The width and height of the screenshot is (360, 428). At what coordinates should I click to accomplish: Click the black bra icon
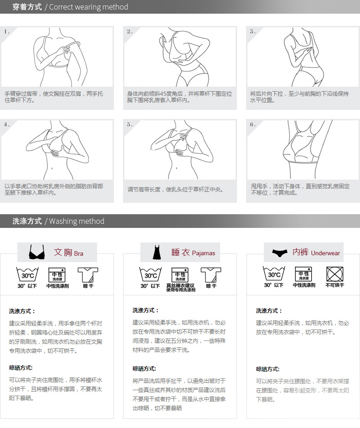pos(37,252)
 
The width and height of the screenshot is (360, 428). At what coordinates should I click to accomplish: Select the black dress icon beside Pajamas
pos(157,252)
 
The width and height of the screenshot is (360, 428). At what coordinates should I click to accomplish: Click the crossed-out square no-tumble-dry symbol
pos(334,274)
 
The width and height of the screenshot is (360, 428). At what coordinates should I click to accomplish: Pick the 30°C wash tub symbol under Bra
pos(27,274)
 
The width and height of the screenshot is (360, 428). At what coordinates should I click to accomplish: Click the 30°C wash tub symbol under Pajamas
pos(150,274)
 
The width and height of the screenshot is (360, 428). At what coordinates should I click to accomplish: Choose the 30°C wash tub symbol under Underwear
pos(274,273)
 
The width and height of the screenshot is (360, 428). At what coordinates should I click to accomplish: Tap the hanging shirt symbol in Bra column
pos(88,274)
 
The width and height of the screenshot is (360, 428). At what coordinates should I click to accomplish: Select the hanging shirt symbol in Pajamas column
pos(211,274)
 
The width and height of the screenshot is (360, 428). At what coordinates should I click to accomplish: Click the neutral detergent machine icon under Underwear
pos(303,274)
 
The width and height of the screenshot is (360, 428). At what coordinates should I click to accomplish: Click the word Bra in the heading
pos(78,253)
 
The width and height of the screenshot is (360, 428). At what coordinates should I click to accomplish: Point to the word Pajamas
pos(204,253)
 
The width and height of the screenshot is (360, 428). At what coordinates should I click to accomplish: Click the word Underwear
pos(326,253)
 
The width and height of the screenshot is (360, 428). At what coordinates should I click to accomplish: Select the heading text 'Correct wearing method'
pos(88,7)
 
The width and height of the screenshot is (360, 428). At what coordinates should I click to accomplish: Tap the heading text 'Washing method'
pos(77,221)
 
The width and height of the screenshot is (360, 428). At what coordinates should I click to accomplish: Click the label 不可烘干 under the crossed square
pos(334,285)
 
